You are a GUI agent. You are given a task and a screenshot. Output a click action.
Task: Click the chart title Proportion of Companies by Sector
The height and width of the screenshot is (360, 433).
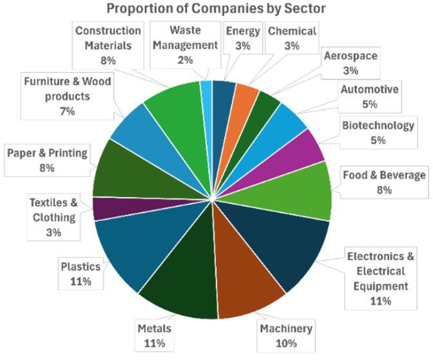(x=216, y=8)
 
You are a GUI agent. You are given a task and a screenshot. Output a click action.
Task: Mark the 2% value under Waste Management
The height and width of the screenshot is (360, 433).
(x=186, y=61)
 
